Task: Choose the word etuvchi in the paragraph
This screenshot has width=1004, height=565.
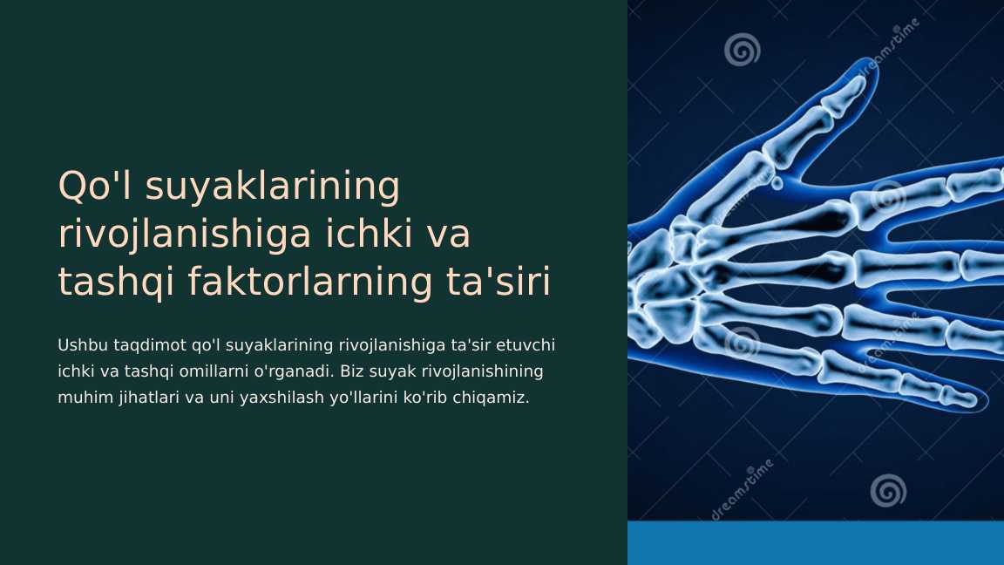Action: pyautogui.click(x=526, y=345)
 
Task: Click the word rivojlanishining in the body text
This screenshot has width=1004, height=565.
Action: pyautogui.click(x=482, y=371)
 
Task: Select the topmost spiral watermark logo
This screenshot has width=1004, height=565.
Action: pyautogui.click(x=743, y=50)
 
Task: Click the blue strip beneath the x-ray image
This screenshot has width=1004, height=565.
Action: pyautogui.click(x=816, y=543)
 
